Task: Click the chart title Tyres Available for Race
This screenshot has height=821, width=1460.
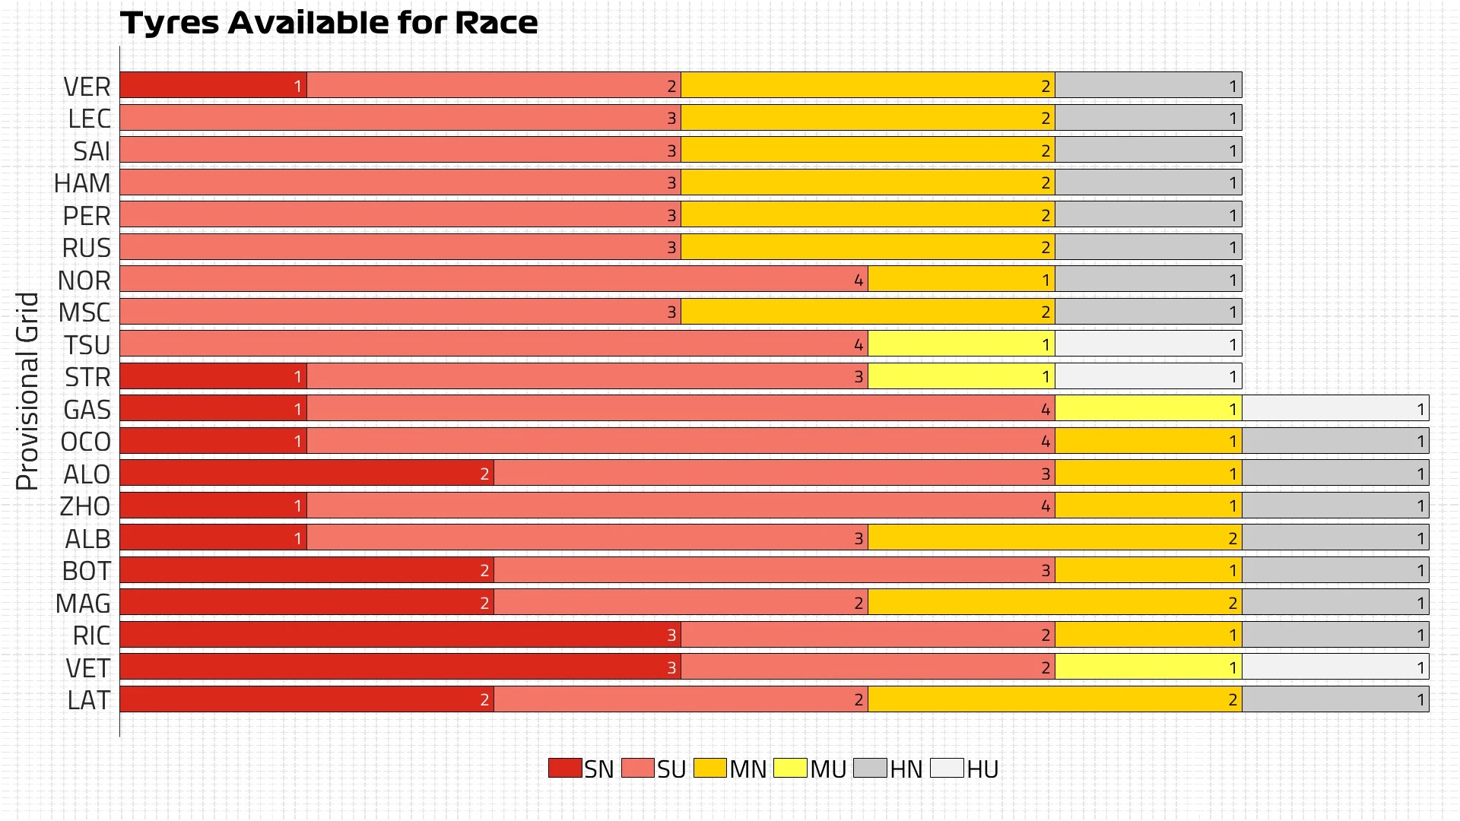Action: pyautogui.click(x=328, y=23)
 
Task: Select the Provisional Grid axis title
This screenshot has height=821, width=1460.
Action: pyautogui.click(x=27, y=391)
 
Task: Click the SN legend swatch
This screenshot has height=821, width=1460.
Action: pyautogui.click(x=564, y=768)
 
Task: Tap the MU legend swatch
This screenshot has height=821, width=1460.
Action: pyautogui.click(x=790, y=768)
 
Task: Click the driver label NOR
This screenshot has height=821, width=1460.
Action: pyautogui.click(x=84, y=281)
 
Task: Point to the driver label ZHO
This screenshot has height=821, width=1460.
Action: pyautogui.click(x=85, y=506)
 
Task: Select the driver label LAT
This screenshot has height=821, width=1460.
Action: pyautogui.click(x=88, y=700)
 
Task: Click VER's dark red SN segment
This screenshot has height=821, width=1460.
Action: pyautogui.click(x=213, y=85)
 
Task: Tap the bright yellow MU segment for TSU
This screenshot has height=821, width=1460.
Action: pyautogui.click(x=961, y=344)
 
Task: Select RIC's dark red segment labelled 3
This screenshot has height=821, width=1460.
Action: pyautogui.click(x=400, y=635)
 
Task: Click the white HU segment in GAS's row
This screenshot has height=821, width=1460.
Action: pyautogui.click(x=1335, y=408)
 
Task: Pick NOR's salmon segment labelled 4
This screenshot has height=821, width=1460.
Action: pyautogui.click(x=494, y=279)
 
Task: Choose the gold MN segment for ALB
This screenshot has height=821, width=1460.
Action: pyautogui.click(x=1055, y=538)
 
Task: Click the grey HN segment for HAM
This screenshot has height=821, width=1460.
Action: pyautogui.click(x=1148, y=182)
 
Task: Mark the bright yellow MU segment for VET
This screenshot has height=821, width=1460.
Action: pyautogui.click(x=1148, y=667)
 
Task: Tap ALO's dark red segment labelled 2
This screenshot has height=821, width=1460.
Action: pyautogui.click(x=306, y=474)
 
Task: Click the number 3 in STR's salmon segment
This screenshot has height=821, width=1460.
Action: pyautogui.click(x=859, y=377)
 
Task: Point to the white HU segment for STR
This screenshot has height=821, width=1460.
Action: pyautogui.click(x=1148, y=376)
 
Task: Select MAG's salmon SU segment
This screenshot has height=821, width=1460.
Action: pyautogui.click(x=681, y=603)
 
